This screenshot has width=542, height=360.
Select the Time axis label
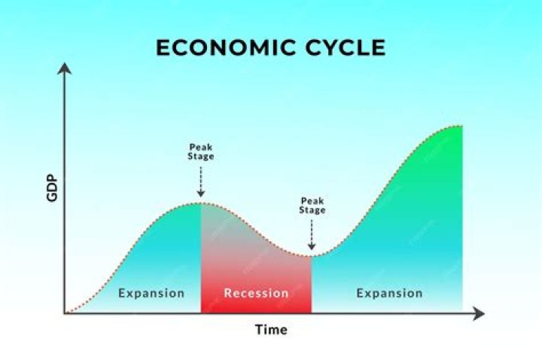271,330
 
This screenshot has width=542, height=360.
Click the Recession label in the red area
256,292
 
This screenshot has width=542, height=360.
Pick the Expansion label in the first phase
151,292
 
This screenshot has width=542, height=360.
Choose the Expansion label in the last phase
389,292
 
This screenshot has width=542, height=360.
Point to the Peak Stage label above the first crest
201,151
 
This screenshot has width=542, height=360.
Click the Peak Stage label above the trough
313,206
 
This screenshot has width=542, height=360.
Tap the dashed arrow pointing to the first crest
201,181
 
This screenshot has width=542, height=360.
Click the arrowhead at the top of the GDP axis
65,69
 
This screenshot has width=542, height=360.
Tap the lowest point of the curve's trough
312,256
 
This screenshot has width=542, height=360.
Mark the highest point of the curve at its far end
461,125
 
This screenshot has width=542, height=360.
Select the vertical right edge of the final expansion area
462,226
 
